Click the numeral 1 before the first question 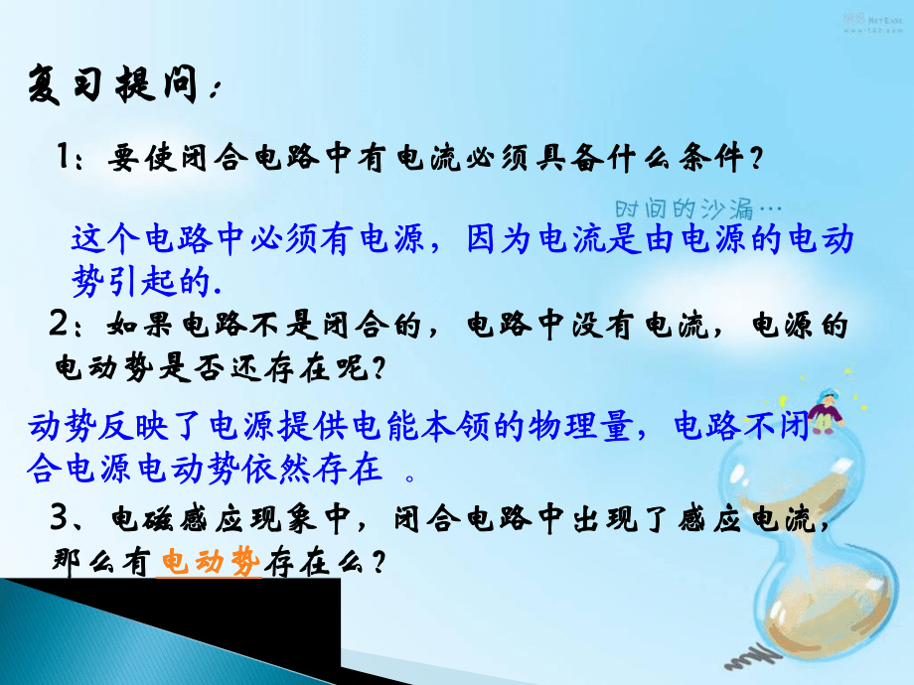[64, 156]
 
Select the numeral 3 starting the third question [59, 516]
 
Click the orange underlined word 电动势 [210, 562]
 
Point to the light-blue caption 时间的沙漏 [685, 208]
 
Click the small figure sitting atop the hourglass [826, 411]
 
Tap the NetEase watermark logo [872, 23]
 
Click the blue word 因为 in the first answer [500, 239]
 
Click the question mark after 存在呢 [379, 368]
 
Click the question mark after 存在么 [379, 563]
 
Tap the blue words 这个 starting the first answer [105, 239]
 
